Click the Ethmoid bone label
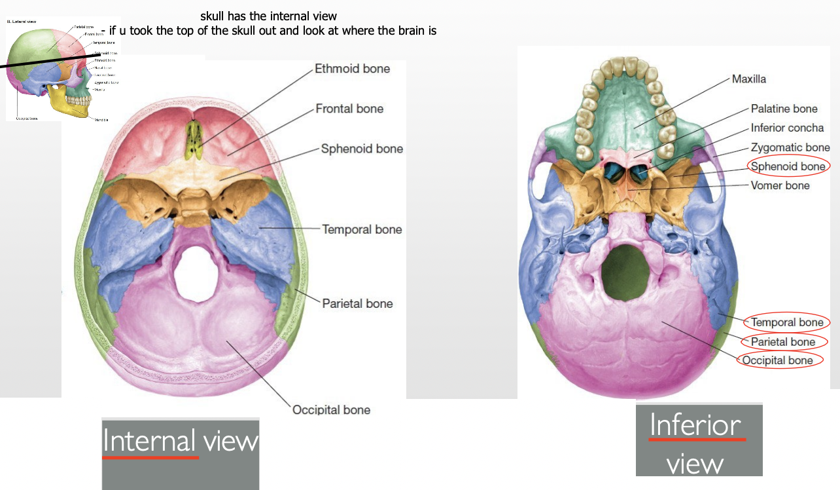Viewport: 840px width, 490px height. click(352, 69)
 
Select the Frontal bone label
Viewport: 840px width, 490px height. click(349, 109)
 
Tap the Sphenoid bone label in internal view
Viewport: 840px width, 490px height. click(362, 149)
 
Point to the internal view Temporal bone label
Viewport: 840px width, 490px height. click(362, 229)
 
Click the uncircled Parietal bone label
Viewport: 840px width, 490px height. click(357, 303)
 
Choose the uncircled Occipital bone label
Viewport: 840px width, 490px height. click(331, 409)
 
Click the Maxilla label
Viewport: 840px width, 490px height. click(748, 79)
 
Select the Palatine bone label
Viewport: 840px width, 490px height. click(784, 109)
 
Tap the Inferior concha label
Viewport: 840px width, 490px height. click(787, 128)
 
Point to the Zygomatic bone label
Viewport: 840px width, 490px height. click(790, 147)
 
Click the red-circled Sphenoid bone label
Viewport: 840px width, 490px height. click(788, 166)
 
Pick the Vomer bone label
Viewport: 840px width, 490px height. click(780, 185)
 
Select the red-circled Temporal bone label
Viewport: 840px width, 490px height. click(787, 322)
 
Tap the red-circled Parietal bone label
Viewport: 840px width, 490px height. click(783, 342)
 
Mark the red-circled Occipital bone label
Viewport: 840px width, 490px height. click(778, 360)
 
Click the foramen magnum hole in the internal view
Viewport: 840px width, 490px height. click(195, 274)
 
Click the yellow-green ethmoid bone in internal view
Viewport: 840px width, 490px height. click(194, 140)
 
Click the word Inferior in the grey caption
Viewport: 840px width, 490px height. click(695, 426)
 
